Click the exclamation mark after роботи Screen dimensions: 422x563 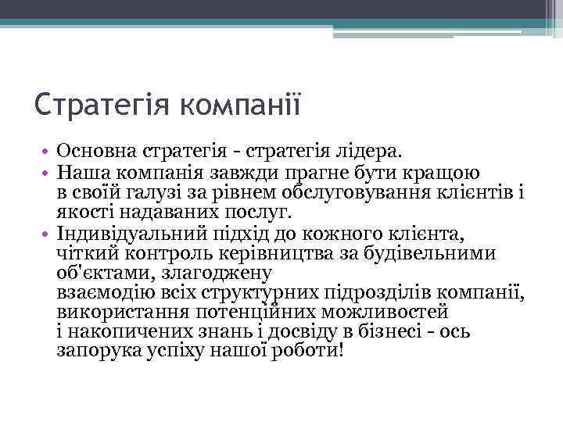342,351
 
